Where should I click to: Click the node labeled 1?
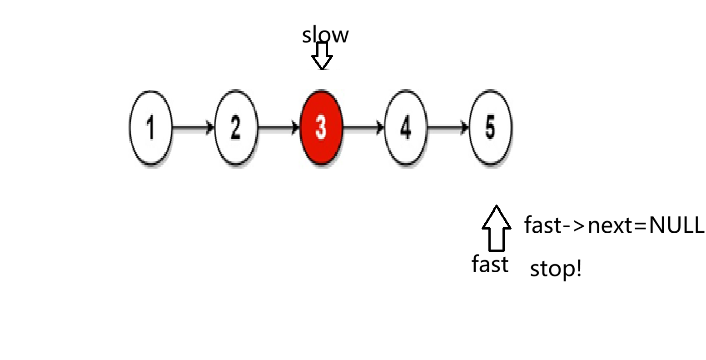pos(151,127)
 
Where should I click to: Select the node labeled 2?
pos(236,127)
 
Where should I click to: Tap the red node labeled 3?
pos(321,127)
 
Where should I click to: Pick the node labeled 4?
pos(406,127)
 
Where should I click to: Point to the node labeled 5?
pos(490,127)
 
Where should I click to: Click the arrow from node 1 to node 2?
pos(193,128)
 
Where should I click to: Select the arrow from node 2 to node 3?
pos(278,128)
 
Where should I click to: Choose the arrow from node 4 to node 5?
pos(448,128)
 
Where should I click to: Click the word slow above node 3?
pos(325,35)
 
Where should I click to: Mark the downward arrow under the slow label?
pos(322,56)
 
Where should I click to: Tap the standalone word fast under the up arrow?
pos(490,264)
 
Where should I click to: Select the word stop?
pos(556,269)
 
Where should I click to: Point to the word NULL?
pos(676,225)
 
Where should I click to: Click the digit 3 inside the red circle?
pos(321,127)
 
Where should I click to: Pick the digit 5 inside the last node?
pos(490,127)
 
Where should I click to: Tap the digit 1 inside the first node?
pos(151,127)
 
